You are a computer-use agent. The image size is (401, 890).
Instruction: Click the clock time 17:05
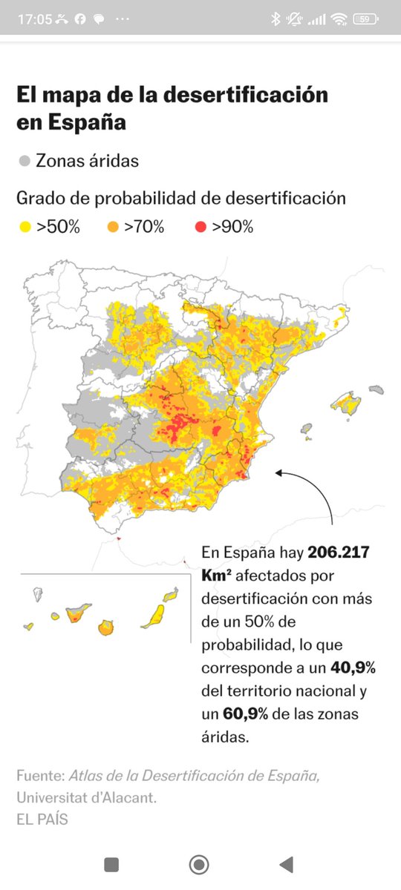[35, 19]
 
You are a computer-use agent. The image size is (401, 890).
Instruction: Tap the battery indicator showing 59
[365, 19]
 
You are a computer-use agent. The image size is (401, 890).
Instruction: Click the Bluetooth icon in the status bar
[276, 19]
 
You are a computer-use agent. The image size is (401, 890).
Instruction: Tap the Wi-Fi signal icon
[340, 19]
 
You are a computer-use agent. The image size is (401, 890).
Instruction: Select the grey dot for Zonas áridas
[25, 161]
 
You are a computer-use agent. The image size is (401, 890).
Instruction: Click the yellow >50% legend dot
[25, 228]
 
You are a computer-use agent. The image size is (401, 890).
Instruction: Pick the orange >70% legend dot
[113, 228]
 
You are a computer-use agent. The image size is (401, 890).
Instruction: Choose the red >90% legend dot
[200, 228]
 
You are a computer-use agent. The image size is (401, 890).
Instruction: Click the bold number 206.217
[338, 553]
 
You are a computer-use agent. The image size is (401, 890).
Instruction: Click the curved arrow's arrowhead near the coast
[278, 472]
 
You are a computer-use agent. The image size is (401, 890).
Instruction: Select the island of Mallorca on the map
[345, 403]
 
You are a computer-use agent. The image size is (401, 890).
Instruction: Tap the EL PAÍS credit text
[42, 819]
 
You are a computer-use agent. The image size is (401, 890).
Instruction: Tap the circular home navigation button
[199, 864]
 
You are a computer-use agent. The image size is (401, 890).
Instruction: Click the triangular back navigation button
[286, 864]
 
